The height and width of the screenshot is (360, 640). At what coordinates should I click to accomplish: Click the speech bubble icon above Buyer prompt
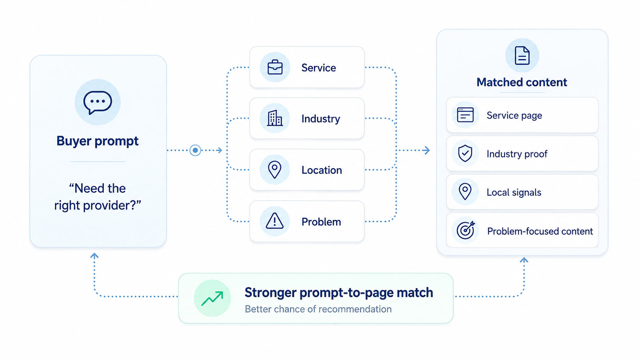pyautogui.click(x=98, y=103)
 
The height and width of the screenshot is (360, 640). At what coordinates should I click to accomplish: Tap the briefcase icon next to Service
pyautogui.click(x=275, y=67)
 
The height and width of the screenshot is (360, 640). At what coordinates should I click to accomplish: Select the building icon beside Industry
pyautogui.click(x=275, y=118)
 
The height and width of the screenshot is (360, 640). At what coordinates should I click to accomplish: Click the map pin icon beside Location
pyautogui.click(x=274, y=170)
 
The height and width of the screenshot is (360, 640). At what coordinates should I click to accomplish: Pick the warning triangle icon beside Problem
pyautogui.click(x=274, y=221)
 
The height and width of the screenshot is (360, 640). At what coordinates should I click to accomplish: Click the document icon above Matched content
pyautogui.click(x=522, y=55)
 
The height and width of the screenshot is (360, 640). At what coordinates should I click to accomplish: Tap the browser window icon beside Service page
pyautogui.click(x=465, y=115)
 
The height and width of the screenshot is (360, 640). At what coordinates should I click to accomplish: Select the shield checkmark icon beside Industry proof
pyautogui.click(x=465, y=153)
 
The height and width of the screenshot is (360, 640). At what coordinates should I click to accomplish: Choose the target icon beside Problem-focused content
pyautogui.click(x=465, y=230)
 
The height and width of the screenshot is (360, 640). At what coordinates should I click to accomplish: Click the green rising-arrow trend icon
pyautogui.click(x=212, y=298)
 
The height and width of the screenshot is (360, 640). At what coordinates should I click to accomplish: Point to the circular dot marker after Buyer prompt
pyautogui.click(x=195, y=150)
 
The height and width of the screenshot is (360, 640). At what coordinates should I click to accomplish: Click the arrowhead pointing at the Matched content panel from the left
pyautogui.click(x=426, y=150)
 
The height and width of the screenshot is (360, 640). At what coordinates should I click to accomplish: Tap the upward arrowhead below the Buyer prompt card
pyautogui.click(x=94, y=256)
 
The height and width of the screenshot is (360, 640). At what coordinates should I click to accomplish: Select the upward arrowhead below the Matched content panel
pyautogui.click(x=524, y=260)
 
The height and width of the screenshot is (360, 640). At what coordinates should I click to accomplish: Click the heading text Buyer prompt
pyautogui.click(x=98, y=141)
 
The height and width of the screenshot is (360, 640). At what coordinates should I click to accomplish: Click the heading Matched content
pyautogui.click(x=522, y=82)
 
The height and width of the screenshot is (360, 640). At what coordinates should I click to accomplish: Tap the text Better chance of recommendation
pyautogui.click(x=318, y=309)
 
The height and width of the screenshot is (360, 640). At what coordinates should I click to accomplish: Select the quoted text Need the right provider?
pyautogui.click(x=98, y=197)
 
